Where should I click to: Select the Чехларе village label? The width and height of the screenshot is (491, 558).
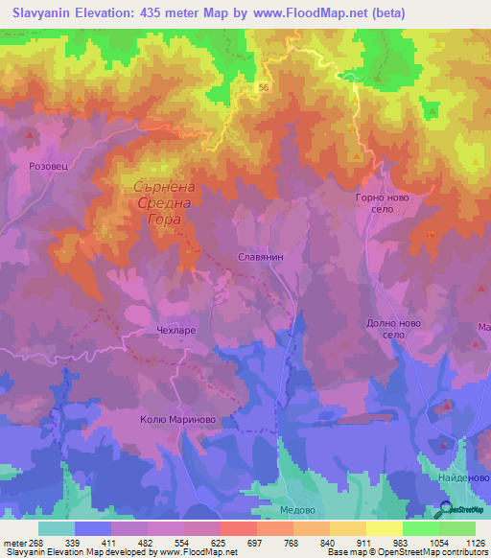[x=175, y=330]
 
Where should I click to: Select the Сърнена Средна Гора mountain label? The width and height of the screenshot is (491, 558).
[x=160, y=202]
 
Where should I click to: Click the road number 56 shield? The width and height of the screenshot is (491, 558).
[x=262, y=87]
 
